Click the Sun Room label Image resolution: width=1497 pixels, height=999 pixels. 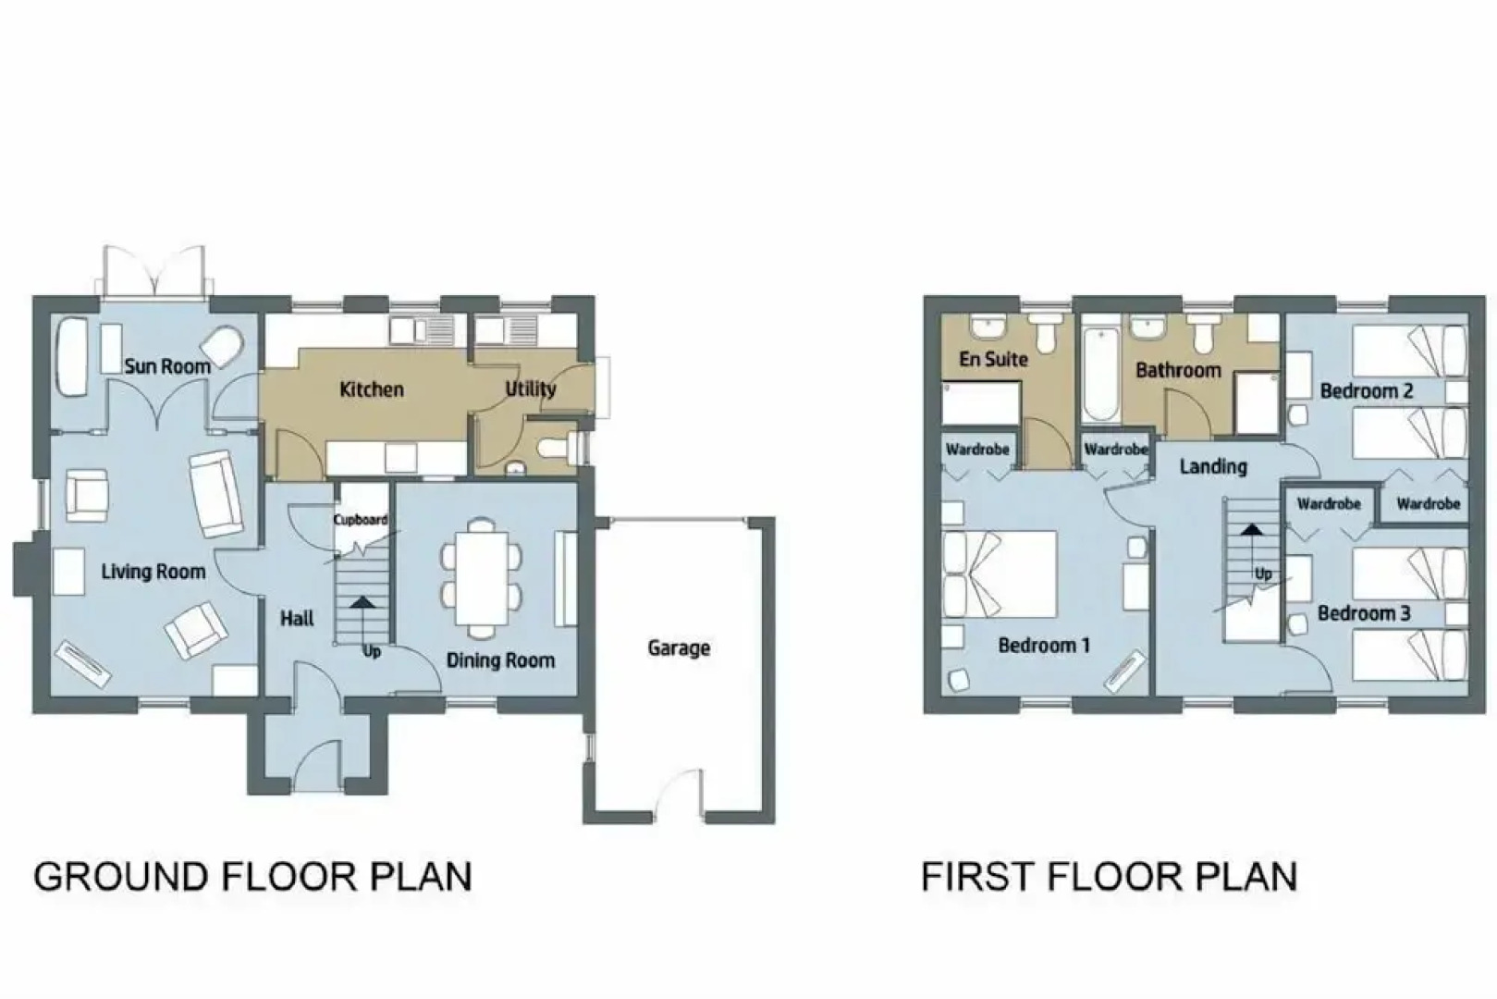click(x=167, y=366)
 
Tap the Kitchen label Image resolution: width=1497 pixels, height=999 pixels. click(x=372, y=389)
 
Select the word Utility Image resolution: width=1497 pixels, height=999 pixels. click(x=531, y=389)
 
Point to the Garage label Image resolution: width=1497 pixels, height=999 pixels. click(x=679, y=647)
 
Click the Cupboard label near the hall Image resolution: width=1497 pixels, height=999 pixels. click(x=361, y=520)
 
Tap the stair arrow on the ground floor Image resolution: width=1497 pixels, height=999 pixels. click(x=362, y=621)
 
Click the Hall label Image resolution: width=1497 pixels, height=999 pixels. click(x=297, y=619)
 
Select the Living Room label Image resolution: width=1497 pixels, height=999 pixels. click(x=153, y=572)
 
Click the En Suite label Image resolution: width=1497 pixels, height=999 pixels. click(x=994, y=360)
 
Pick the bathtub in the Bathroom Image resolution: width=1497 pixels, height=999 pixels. click(x=1100, y=376)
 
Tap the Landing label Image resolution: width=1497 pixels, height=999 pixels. click(x=1213, y=467)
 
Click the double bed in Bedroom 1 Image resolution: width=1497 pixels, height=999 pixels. click(x=1000, y=574)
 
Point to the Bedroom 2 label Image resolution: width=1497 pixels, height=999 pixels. click(x=1367, y=391)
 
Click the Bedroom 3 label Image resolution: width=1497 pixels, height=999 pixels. click(x=1364, y=613)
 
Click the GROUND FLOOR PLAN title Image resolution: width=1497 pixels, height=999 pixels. click(x=252, y=877)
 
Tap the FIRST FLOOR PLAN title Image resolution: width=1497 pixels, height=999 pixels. click(x=1110, y=877)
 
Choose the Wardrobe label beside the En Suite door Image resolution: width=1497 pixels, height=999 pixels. click(x=977, y=450)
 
